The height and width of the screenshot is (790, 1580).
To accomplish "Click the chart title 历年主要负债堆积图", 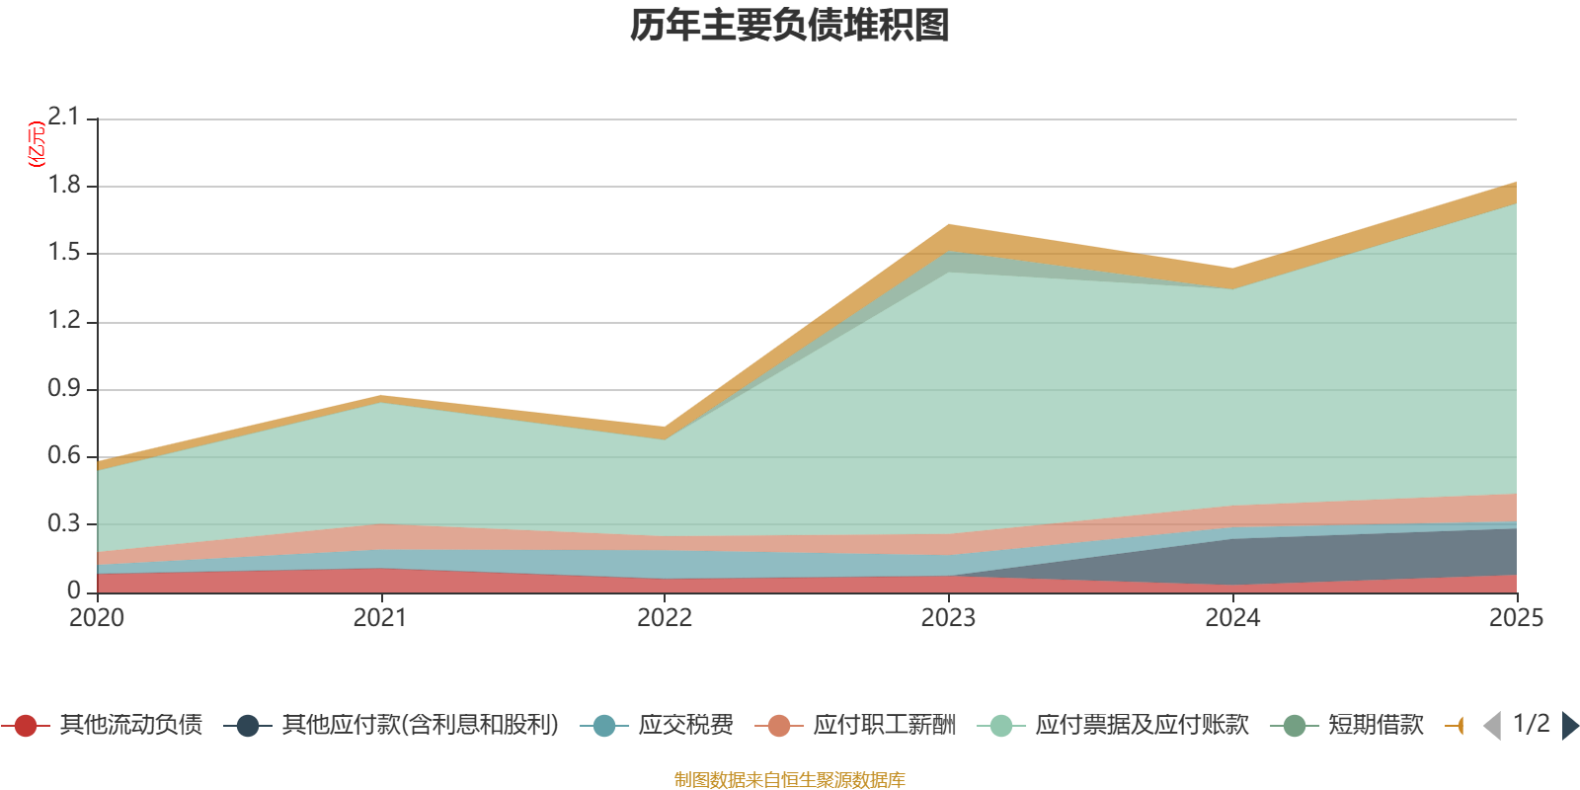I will click(790, 26).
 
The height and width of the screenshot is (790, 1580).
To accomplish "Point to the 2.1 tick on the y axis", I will click(63, 118).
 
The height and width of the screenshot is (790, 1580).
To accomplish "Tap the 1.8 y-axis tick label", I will click(63, 186).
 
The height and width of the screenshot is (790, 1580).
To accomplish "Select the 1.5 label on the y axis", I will click(63, 253).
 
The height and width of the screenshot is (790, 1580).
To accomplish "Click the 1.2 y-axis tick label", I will click(63, 321).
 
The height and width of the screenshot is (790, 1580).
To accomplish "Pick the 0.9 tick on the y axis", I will click(63, 389).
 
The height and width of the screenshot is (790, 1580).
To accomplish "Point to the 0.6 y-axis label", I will click(63, 456).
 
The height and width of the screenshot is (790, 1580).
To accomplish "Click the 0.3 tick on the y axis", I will click(63, 524).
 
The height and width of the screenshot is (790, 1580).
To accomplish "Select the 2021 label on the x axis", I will click(380, 618).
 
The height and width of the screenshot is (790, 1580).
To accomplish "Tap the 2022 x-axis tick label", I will click(665, 618).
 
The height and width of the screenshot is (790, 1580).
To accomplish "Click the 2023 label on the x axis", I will click(948, 618).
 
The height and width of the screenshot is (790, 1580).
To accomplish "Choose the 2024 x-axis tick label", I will click(1232, 618).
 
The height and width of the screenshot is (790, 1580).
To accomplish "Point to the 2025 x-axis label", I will click(1516, 618).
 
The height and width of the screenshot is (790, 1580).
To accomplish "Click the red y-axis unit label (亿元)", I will click(37, 144).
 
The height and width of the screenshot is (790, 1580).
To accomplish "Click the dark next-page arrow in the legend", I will click(1569, 726).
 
